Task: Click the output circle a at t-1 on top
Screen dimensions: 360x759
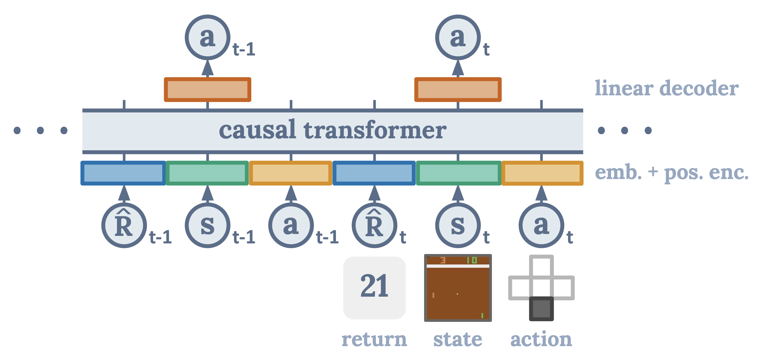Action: pos(207,37)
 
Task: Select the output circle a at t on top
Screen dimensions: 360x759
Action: pos(458,37)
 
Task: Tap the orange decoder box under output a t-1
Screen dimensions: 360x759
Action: pos(207,90)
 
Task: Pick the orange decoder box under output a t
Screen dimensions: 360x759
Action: pos(458,90)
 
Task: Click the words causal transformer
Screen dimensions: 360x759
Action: pos(333,130)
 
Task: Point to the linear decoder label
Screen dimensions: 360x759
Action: pos(667,88)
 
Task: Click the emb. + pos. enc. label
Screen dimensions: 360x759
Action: pos(672,172)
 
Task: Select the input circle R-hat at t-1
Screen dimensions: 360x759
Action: pos(124,226)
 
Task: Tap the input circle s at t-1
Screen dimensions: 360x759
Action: pos(207,226)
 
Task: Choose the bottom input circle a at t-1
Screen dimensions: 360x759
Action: pos(291,226)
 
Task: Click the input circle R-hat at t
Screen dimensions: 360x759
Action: pos(374,226)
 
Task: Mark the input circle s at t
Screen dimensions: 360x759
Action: pos(458,226)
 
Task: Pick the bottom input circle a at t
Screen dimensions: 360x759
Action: pos(541,226)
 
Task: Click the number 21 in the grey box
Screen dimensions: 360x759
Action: pos(374,286)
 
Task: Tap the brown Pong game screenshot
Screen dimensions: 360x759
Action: pos(458,288)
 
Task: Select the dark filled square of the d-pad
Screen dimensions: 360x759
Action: pos(541,309)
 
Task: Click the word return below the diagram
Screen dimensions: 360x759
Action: pos(374,339)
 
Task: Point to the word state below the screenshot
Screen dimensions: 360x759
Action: pos(458,339)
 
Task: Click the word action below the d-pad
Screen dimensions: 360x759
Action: pos(541,339)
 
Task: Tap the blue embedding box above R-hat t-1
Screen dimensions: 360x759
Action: pos(123,173)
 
